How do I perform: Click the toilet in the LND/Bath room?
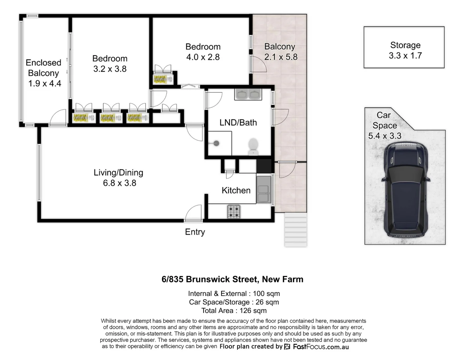tap(253, 147)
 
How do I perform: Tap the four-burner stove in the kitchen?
tap(234, 211)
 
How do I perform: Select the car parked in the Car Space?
tap(405, 189)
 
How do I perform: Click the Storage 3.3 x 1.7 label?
tap(405, 50)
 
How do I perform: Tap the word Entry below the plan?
tap(195, 232)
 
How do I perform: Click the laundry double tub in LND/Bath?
tap(248, 94)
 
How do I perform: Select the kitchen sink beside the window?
tap(264, 189)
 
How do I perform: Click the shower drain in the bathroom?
tap(216, 144)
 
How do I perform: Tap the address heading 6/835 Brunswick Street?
tap(232, 279)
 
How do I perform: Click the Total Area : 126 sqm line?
tap(234, 311)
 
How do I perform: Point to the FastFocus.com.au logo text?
tap(321, 347)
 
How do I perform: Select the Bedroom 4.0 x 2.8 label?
tap(203, 52)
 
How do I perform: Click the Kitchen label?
tap(236, 190)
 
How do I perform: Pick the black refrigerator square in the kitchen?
tap(264, 166)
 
